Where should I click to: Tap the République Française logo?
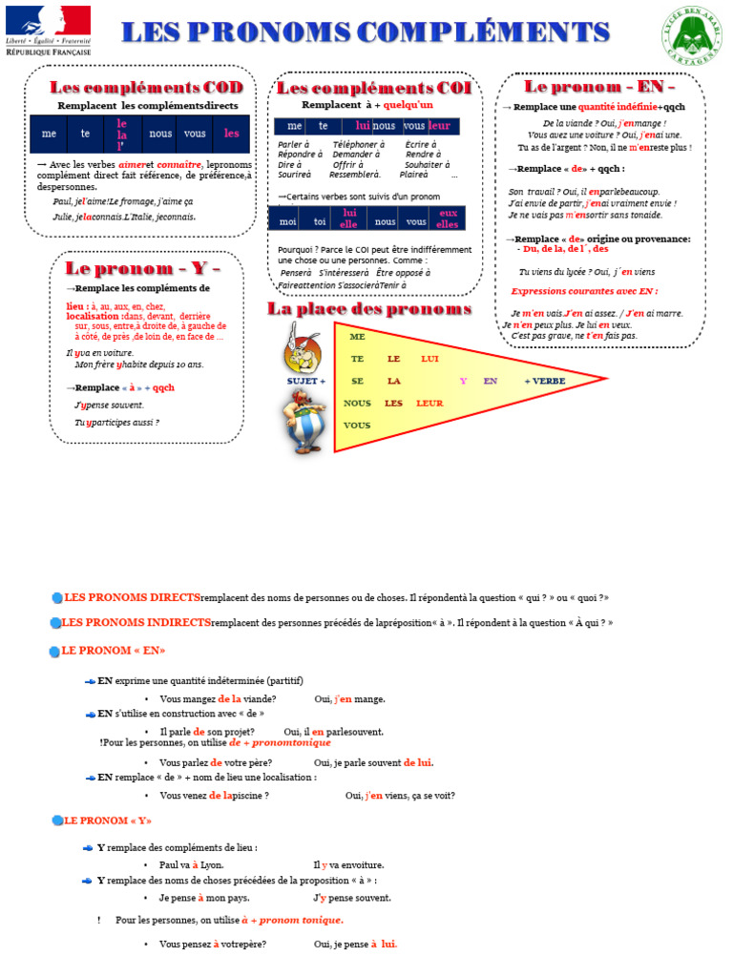tap(48, 31)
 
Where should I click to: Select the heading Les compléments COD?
tap(140, 88)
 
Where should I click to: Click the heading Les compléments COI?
tap(373, 88)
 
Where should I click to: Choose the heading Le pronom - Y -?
tap(142, 267)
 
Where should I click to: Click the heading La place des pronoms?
tap(369, 309)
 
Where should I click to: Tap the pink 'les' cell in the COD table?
tap(231, 134)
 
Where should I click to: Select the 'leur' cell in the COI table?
tap(440, 126)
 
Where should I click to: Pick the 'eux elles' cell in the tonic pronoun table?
tap(448, 218)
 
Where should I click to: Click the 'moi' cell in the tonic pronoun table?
tap(287, 221)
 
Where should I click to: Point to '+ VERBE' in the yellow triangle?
tap(545, 381)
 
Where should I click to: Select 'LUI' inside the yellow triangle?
tap(429, 359)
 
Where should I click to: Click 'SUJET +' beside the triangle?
tap(306, 381)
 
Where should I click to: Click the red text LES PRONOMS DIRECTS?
tap(132, 597)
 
